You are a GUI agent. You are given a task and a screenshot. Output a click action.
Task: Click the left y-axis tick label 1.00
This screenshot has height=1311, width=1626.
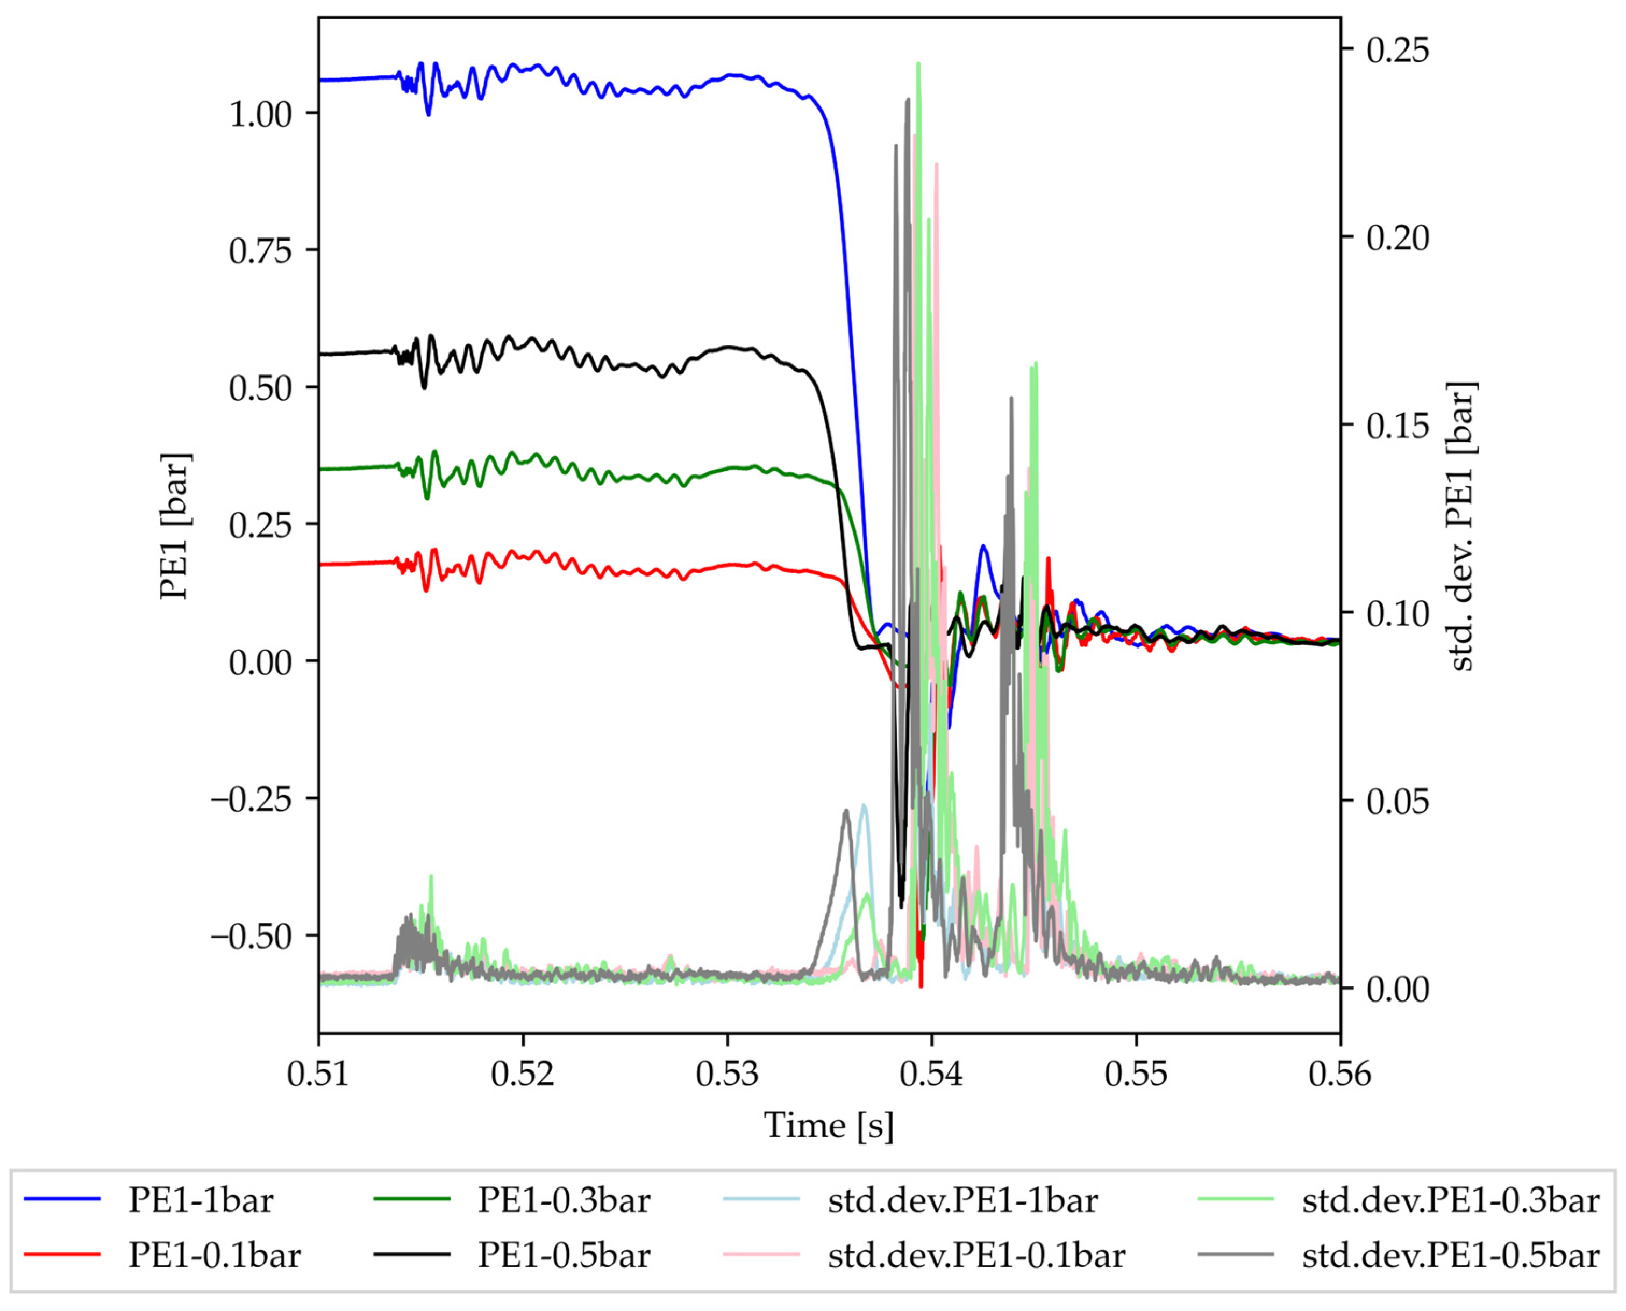coord(261,115)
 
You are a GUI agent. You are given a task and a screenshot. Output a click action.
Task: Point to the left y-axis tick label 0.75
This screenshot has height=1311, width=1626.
coord(261,251)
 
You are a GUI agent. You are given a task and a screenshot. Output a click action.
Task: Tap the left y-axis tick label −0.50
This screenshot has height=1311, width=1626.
coord(252,937)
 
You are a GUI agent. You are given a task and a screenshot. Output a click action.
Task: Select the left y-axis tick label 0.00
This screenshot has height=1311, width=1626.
coord(261,663)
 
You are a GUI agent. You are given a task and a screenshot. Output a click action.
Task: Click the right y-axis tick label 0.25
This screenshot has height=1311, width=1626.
coord(1398,51)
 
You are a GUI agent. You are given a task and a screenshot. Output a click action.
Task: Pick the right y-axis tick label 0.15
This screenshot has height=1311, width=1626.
coord(1398,426)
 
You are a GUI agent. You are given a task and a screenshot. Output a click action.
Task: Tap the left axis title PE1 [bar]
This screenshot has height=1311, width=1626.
coord(175,527)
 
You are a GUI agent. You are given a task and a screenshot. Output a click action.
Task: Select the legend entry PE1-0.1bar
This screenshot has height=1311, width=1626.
coord(214,1256)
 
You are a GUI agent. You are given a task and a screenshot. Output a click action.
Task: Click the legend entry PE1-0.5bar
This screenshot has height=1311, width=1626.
coord(564,1256)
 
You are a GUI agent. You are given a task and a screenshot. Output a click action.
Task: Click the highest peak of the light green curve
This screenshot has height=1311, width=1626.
coord(918,63)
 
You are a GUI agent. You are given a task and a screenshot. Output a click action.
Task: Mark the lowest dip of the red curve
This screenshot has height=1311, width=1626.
coord(921,985)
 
